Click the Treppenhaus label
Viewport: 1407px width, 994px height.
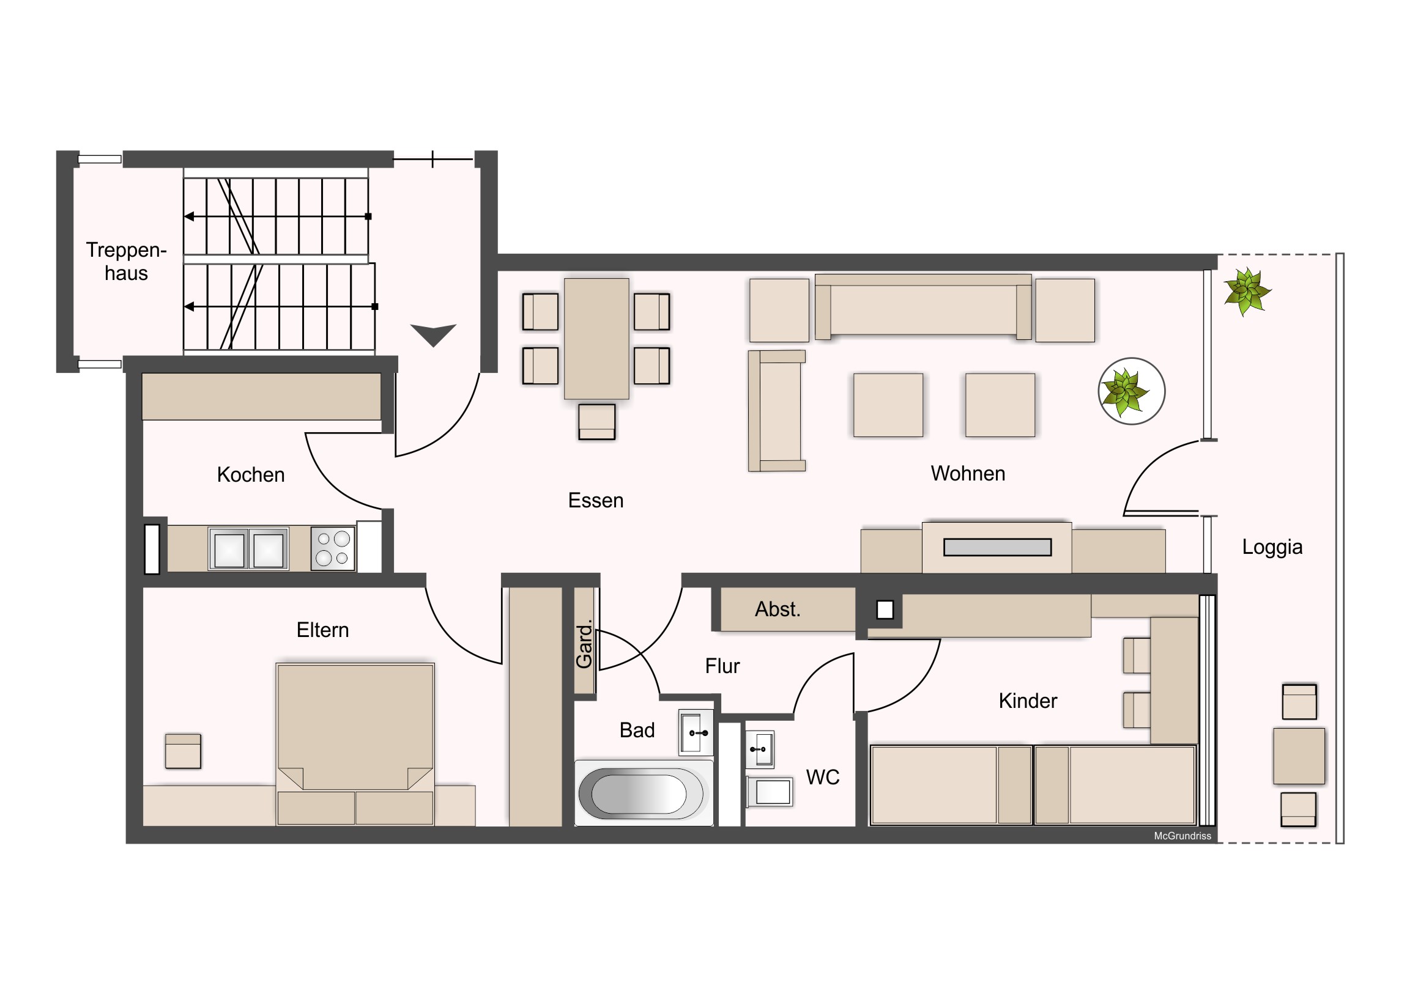click(126, 262)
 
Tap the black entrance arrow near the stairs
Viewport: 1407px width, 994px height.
click(433, 334)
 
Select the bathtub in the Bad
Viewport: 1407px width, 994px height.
click(641, 793)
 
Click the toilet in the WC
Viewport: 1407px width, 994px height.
click(770, 792)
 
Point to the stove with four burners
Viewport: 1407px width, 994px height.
click(333, 549)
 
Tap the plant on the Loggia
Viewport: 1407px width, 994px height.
click(1247, 292)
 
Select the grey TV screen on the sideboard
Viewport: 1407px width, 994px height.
click(997, 547)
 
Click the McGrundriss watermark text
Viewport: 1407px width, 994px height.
click(1182, 836)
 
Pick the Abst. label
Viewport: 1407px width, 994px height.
click(778, 609)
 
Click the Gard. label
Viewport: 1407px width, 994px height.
click(584, 644)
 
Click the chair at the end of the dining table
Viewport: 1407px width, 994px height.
click(596, 421)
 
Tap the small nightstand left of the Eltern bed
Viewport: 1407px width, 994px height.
click(184, 751)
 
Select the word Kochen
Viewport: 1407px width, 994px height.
click(251, 474)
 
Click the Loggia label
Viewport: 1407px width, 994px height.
click(1272, 547)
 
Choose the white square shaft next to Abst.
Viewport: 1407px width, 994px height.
click(885, 610)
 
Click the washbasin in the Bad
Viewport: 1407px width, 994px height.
click(696, 732)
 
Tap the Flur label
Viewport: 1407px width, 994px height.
click(722, 666)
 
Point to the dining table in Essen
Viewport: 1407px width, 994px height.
click(596, 339)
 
